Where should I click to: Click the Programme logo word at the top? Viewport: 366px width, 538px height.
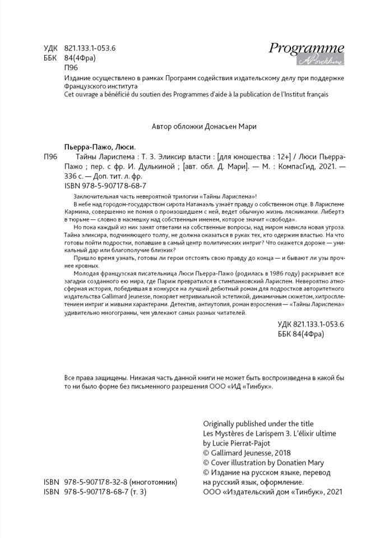tap(306, 48)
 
